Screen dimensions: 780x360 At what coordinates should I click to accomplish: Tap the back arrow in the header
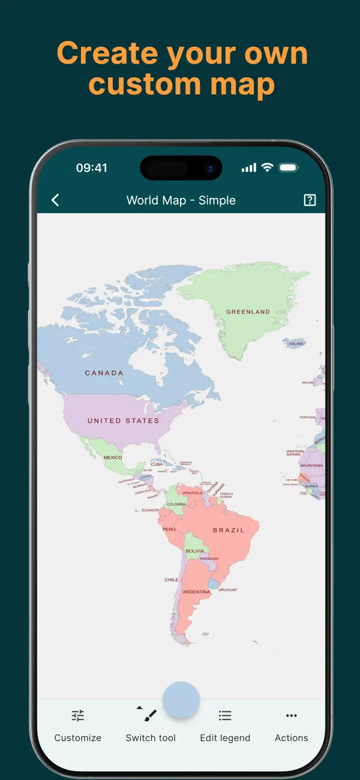tap(55, 200)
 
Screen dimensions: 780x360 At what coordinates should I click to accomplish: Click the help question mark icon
tap(310, 200)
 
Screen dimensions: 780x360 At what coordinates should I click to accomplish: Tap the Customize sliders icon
tap(78, 715)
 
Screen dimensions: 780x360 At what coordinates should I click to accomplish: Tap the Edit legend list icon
tap(225, 715)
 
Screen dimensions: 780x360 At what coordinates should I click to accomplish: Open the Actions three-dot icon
tap(292, 715)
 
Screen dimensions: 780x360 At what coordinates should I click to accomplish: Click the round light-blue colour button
tap(181, 700)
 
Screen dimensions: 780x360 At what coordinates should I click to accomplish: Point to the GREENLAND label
tap(248, 312)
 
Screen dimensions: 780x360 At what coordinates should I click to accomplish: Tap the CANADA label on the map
tap(104, 373)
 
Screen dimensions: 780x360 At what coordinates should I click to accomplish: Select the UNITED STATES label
tap(124, 421)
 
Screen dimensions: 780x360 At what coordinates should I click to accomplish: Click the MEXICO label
tap(113, 458)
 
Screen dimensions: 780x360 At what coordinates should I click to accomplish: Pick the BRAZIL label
tap(229, 530)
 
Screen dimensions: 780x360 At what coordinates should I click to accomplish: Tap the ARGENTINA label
tap(196, 592)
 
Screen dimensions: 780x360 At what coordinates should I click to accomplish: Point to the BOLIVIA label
tap(194, 551)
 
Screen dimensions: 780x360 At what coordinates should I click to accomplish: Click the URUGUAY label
tap(227, 590)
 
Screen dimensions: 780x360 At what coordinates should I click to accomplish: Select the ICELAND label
tap(296, 344)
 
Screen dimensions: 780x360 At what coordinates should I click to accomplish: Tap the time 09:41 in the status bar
tap(91, 168)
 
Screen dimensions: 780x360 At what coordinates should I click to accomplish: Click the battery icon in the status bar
tap(289, 168)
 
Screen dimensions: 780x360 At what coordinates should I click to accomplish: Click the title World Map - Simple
tap(181, 200)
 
